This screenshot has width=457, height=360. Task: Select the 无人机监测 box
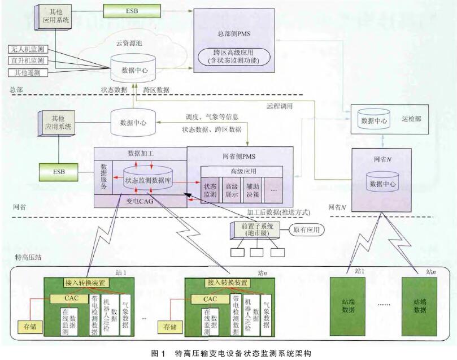click(x=28, y=50)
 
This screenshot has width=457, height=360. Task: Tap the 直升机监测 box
click(x=28, y=61)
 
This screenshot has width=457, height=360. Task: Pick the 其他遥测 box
click(x=28, y=72)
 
